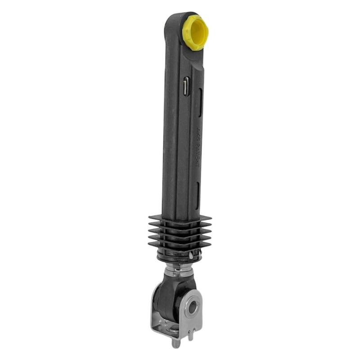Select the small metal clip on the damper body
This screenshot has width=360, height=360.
(x=186, y=86)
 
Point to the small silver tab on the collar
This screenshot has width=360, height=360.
(x=192, y=255)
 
